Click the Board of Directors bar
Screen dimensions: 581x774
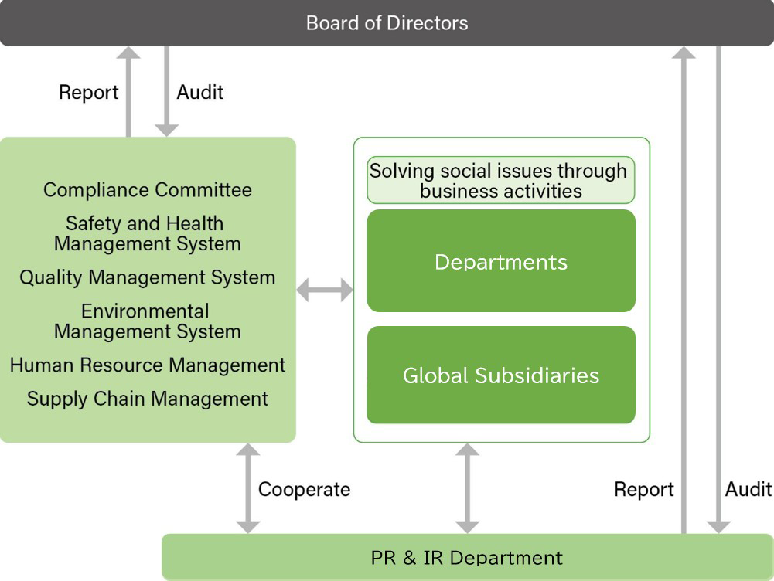387,22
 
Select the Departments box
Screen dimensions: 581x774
500,261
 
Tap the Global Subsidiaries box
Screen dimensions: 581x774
500,375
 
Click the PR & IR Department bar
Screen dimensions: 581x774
467,557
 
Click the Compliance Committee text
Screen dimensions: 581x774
147,189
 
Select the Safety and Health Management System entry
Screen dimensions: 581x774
147,233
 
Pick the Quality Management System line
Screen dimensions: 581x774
147,277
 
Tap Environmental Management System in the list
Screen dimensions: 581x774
147,321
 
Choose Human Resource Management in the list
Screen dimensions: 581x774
147,365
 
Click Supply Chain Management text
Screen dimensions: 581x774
147,399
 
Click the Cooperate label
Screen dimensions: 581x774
304,489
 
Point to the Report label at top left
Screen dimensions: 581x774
88,93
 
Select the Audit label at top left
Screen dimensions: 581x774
199,92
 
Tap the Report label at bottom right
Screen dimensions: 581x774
643,489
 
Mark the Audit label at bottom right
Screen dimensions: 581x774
748,488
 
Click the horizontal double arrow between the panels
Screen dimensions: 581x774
325,290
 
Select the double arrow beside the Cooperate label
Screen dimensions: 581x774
248,488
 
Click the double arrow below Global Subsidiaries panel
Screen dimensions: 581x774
467,488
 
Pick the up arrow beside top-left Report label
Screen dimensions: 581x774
128,91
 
